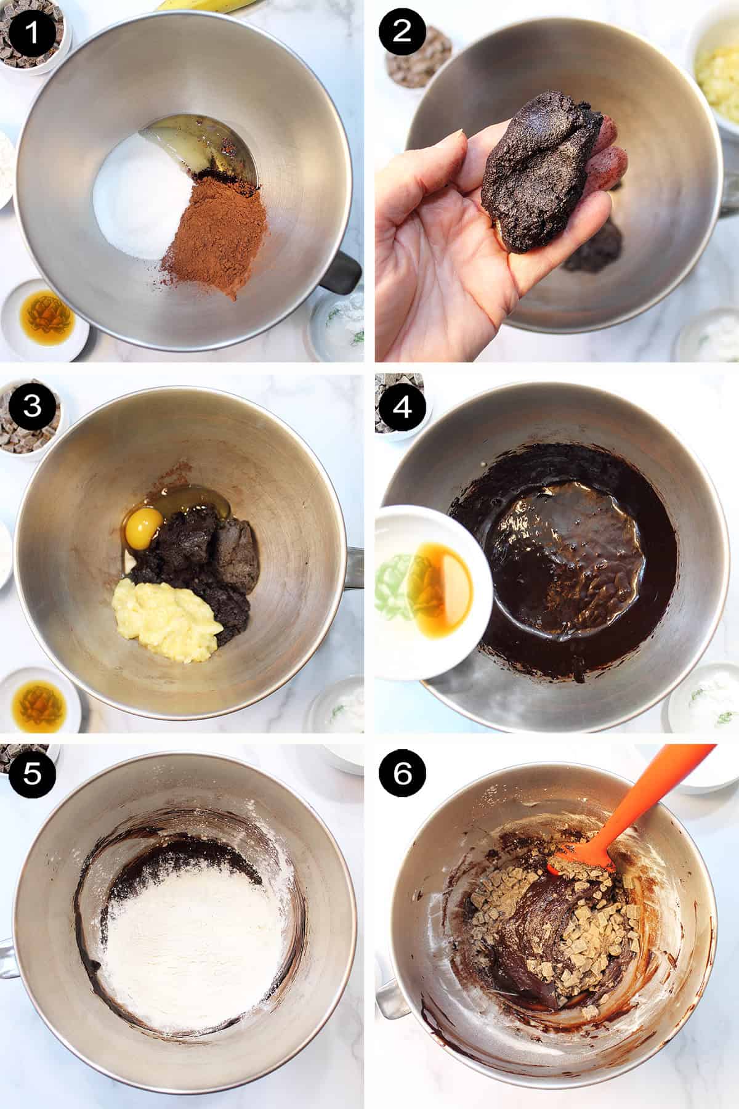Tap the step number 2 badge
point(401,31)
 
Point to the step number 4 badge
point(401,406)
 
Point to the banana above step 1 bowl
point(203,5)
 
